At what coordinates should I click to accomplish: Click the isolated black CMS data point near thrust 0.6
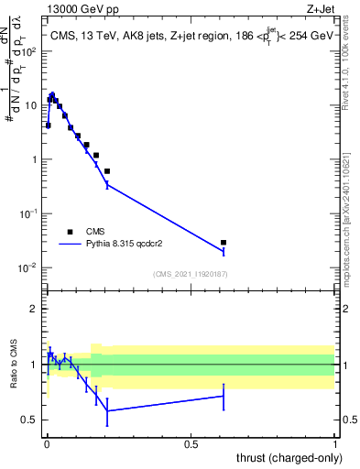(224, 243)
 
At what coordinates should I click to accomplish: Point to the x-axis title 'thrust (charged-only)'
(283, 456)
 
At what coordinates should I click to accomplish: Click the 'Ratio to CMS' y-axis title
(14, 364)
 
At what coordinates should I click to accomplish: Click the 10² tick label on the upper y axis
(31, 50)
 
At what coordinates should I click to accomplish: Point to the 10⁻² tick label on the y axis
(30, 267)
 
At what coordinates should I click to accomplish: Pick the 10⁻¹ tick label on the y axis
(30, 213)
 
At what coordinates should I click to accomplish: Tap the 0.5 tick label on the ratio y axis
(33, 420)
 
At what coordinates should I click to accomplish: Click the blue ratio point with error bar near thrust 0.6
(224, 396)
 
